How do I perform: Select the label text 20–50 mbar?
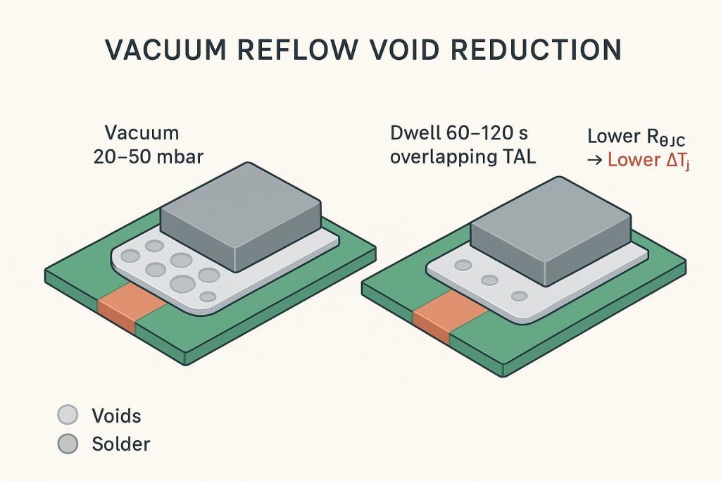coord(148,156)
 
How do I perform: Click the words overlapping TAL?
coord(462,157)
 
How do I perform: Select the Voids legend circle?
coord(67,416)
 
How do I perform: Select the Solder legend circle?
coord(67,444)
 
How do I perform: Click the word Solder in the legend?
coord(120,444)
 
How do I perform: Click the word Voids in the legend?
coord(116,416)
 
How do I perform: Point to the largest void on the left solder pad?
coord(183,284)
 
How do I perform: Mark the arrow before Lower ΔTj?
coord(594,160)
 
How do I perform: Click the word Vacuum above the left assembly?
coord(142,132)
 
